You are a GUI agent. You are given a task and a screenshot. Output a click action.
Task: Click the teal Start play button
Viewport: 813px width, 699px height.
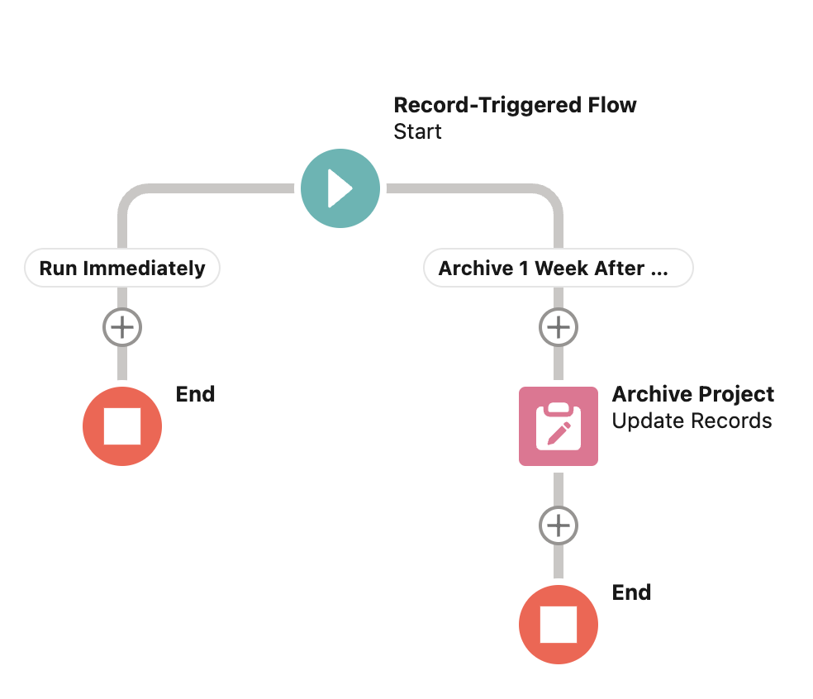[340, 189]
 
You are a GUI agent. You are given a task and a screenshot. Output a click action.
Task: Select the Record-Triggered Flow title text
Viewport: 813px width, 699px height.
[515, 106]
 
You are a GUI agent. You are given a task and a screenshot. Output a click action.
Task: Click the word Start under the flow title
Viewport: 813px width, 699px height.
[417, 132]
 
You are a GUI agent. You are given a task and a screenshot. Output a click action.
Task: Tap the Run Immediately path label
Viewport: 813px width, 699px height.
[122, 269]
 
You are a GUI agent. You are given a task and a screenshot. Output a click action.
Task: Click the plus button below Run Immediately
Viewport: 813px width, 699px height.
[122, 328]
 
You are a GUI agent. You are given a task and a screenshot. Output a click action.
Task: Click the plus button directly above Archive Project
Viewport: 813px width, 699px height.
[559, 328]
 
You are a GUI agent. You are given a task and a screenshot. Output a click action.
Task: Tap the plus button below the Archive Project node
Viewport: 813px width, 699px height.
[559, 525]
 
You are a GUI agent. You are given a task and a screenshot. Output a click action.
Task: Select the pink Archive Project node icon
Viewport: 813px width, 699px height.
[559, 426]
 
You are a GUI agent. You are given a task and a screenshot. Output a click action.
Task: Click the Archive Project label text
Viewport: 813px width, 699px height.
[692, 395]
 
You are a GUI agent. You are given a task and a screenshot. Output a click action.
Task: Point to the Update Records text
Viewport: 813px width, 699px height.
[692, 421]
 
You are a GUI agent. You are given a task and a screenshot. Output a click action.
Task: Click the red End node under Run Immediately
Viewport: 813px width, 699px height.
[122, 426]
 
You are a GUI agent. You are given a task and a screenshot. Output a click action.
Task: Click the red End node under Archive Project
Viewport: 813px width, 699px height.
[559, 625]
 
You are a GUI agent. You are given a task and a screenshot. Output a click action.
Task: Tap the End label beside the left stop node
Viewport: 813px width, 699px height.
[195, 394]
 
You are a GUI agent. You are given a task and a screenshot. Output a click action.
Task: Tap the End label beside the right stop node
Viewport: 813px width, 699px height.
[631, 592]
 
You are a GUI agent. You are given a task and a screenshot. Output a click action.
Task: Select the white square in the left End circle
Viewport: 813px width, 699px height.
[122, 426]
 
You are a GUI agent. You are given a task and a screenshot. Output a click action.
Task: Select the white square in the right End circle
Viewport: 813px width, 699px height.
[559, 625]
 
